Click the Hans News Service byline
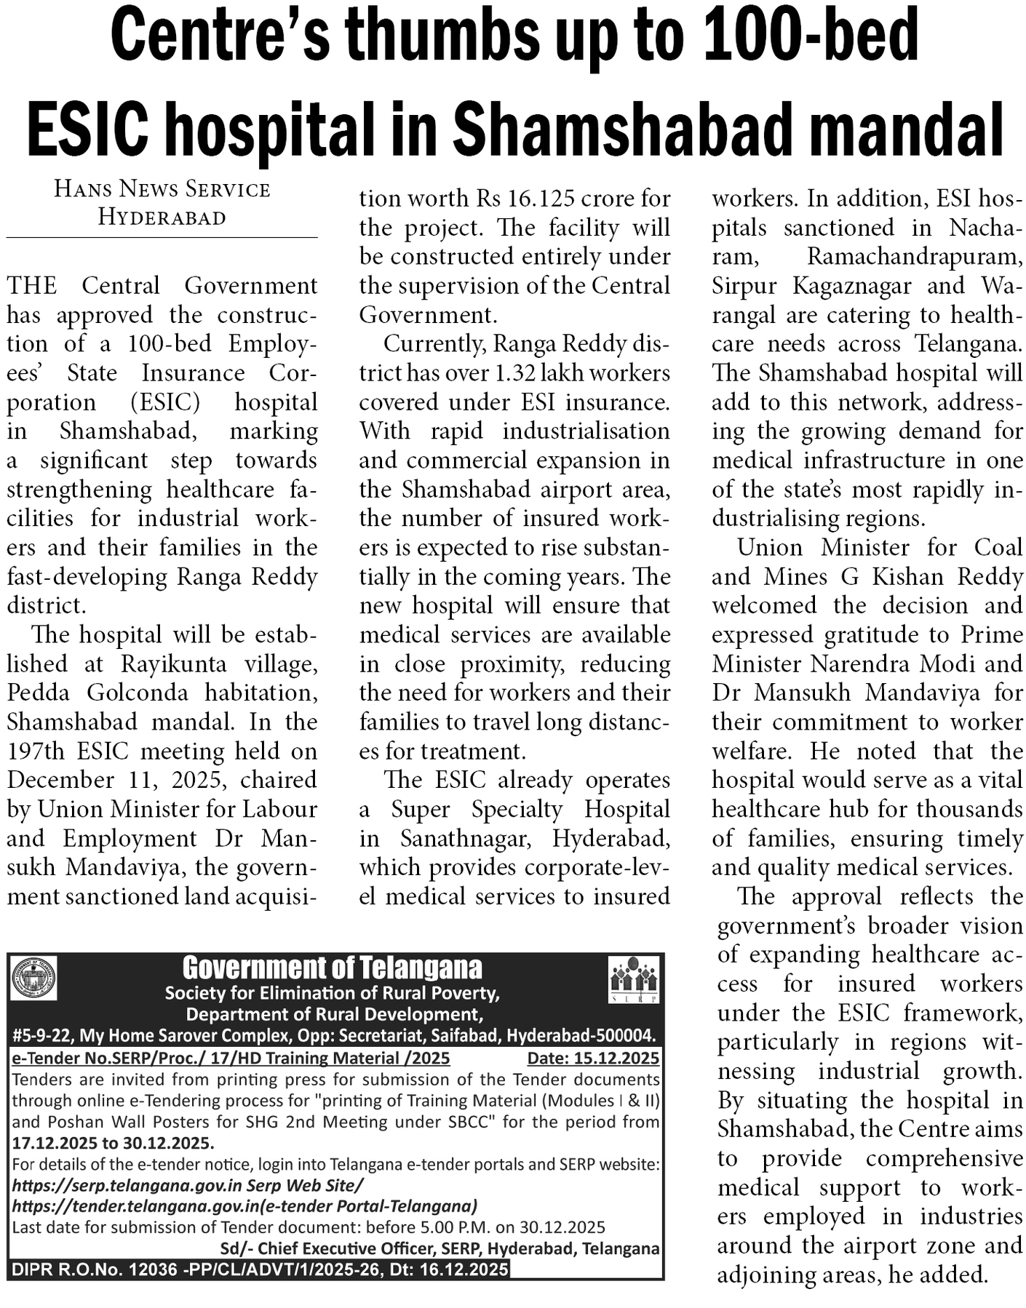(x=162, y=189)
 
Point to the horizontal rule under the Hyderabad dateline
(x=162, y=237)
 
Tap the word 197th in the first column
(x=35, y=751)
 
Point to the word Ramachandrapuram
(x=915, y=256)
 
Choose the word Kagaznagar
(x=851, y=285)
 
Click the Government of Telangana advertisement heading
(x=332, y=968)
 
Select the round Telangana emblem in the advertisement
(x=33, y=978)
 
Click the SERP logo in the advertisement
(x=633, y=980)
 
